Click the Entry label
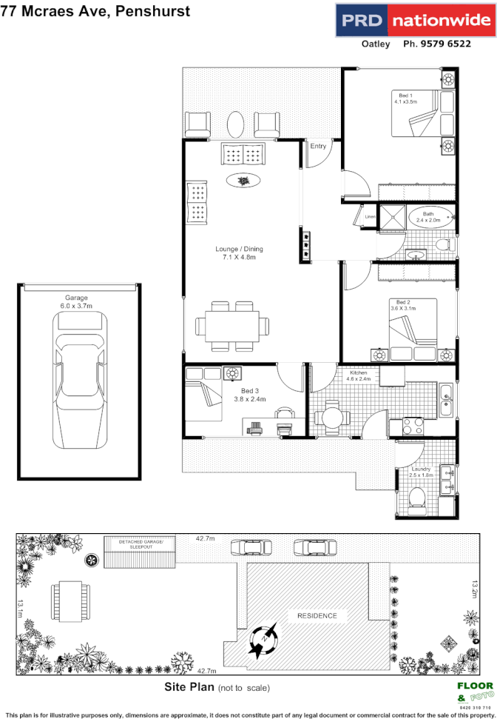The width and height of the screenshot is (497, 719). [318, 146]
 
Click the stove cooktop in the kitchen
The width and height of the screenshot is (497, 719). [411, 426]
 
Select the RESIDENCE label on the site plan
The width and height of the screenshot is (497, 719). [317, 616]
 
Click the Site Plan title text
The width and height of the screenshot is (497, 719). [189, 686]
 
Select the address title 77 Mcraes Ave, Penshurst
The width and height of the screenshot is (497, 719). [95, 11]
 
